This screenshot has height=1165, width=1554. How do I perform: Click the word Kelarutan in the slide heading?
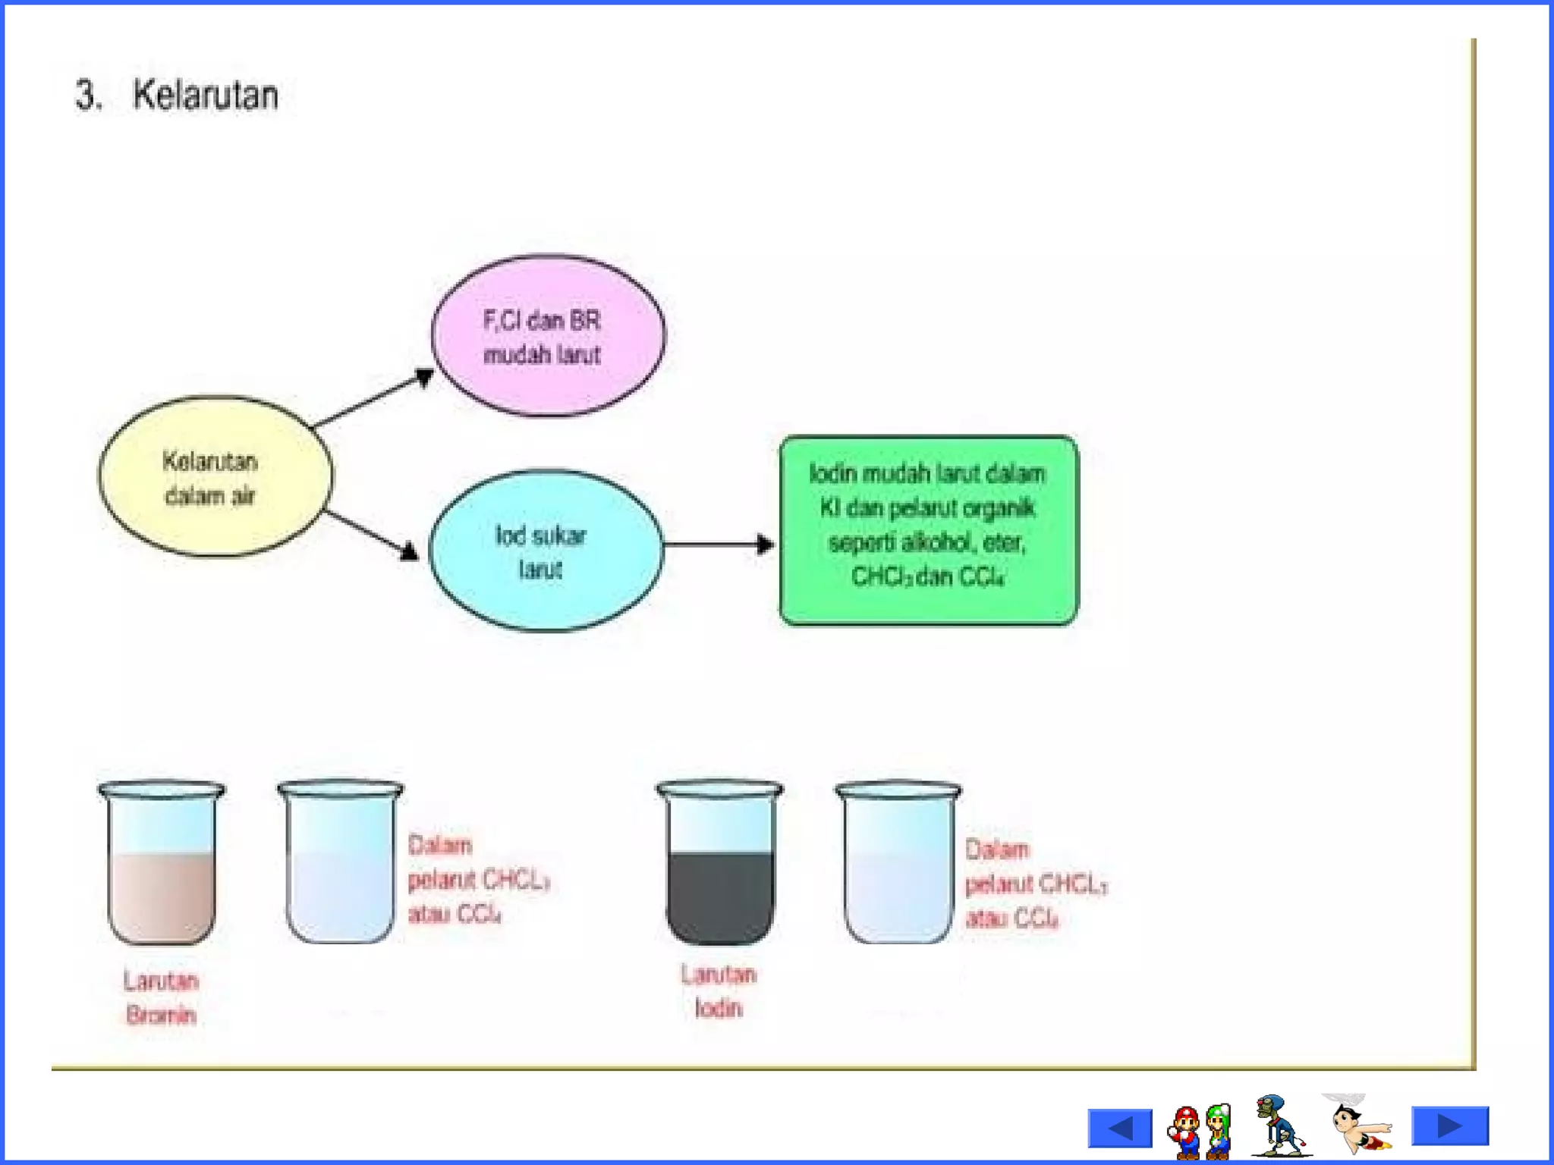tap(205, 96)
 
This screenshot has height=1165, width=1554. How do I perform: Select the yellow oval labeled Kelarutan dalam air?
tap(215, 476)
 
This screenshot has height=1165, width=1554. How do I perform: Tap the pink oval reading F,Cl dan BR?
tap(548, 335)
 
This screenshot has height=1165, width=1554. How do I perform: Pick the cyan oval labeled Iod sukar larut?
tap(545, 551)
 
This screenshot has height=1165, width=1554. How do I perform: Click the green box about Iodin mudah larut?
tap(928, 530)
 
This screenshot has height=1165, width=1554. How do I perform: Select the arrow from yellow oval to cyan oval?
tap(372, 535)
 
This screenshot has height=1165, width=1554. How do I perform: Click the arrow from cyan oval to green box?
tap(718, 544)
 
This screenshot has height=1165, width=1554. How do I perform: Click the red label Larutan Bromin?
tap(161, 997)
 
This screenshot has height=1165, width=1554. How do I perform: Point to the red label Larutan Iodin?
tap(718, 991)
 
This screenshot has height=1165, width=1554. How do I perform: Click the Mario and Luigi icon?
tap(1200, 1130)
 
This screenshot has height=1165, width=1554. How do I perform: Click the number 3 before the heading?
tap(87, 96)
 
